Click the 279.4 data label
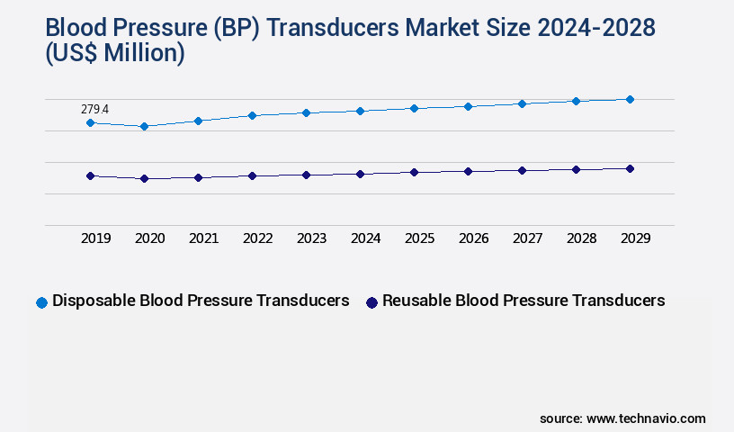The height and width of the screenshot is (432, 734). click(94, 109)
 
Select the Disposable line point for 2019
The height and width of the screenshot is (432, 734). click(90, 122)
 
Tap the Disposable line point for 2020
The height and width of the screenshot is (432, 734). click(144, 127)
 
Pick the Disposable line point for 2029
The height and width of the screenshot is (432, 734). click(630, 99)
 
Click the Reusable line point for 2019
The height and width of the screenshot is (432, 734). click(90, 176)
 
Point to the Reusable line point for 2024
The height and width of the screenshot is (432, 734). click(360, 174)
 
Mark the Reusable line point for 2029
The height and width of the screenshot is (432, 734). click(630, 168)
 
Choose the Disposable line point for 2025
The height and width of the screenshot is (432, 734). click(414, 108)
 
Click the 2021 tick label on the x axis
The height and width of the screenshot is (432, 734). click(203, 238)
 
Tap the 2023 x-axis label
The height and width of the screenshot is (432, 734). click(311, 238)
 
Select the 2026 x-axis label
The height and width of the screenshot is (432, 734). click(473, 238)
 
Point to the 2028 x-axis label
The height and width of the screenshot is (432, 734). click(581, 238)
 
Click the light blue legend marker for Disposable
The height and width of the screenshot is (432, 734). click(41, 302)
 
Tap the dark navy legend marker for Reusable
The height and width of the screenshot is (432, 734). click(371, 302)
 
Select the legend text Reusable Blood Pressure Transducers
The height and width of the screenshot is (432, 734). click(524, 301)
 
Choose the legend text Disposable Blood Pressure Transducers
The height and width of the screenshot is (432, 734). click(201, 301)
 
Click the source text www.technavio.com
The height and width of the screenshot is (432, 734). click(646, 418)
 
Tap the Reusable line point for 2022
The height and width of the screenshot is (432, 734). click(252, 175)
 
